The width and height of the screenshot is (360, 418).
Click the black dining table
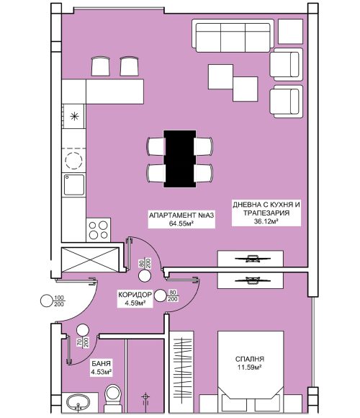coord(180,159)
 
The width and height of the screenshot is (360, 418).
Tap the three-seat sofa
coord(233,36)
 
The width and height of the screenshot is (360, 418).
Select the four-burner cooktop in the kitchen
coord(98,230)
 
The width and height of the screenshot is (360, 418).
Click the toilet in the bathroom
coord(113,399)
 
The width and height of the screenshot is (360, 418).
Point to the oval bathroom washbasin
coord(78,402)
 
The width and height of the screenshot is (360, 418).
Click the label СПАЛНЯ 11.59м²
coord(250,363)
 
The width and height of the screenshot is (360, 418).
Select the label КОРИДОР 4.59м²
coord(135,298)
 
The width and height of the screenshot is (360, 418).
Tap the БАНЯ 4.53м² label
coord(102,368)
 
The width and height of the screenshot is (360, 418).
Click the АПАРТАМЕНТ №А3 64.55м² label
coord(181,219)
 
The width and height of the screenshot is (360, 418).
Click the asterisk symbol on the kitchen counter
coord(74,116)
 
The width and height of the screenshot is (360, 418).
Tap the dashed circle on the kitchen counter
coord(73,161)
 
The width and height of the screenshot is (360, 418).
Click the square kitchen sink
coord(73,184)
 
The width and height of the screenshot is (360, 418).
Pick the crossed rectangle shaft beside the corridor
coord(90,259)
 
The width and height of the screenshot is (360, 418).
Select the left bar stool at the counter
coord(101,66)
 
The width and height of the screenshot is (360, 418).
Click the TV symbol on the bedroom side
coord(251,280)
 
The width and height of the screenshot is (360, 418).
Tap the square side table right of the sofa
coord(290,32)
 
